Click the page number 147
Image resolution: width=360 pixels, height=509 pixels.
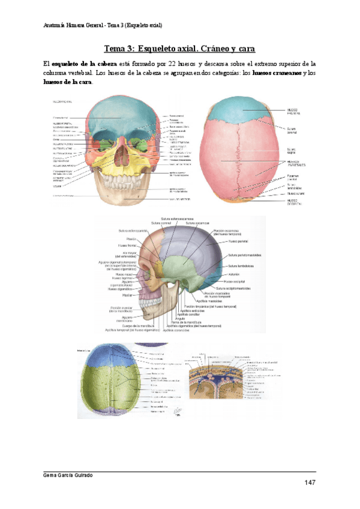pyautogui.click(x=310, y=483)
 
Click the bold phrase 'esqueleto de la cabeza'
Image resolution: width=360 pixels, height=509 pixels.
pyautogui.click(x=80, y=63)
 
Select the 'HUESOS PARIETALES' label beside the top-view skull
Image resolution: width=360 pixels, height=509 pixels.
pyautogui.click(x=296, y=163)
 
